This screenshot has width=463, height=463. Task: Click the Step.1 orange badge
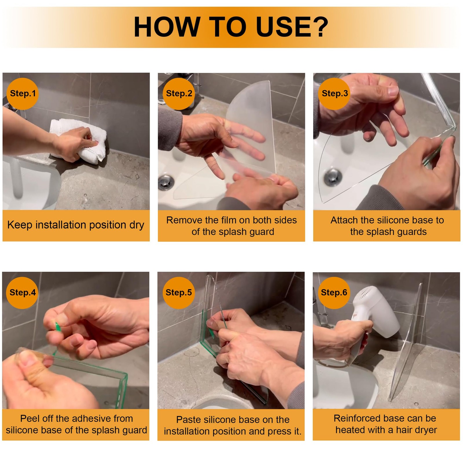click(23, 94)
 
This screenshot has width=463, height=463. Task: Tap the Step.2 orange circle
click(179, 94)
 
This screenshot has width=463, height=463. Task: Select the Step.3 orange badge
click(335, 94)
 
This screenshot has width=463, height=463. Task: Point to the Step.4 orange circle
click(22, 293)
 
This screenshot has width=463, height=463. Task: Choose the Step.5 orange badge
click(179, 293)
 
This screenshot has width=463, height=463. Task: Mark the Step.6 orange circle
click(334, 293)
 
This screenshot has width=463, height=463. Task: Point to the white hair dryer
click(373, 318)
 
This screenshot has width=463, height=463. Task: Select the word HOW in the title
click(167, 27)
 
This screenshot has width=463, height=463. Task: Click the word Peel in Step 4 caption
click(28, 418)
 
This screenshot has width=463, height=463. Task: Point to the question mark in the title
click(322, 27)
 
